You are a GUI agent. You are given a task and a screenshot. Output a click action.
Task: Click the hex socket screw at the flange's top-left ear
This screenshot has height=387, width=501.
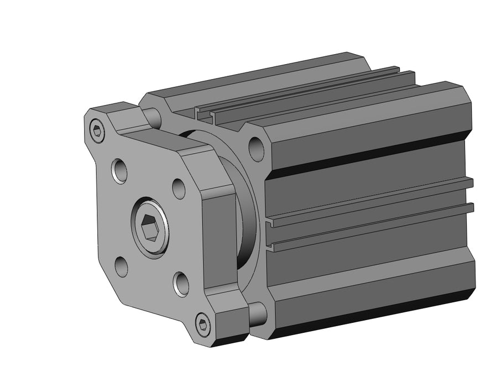tap(98, 131)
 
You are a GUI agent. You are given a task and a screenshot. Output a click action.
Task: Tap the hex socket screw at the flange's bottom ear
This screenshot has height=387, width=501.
tap(203, 324)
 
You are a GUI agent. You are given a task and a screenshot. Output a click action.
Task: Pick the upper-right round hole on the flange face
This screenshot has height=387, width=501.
tap(179, 188)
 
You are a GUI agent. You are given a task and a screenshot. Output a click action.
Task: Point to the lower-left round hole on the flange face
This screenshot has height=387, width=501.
tap(121, 266)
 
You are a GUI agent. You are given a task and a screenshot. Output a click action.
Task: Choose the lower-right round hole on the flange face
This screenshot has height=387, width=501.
tap(181, 283)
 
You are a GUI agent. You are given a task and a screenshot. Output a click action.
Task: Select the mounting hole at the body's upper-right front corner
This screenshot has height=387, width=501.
tap(256, 147)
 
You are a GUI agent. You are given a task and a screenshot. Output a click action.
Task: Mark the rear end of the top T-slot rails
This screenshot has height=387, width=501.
tap(406, 73)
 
